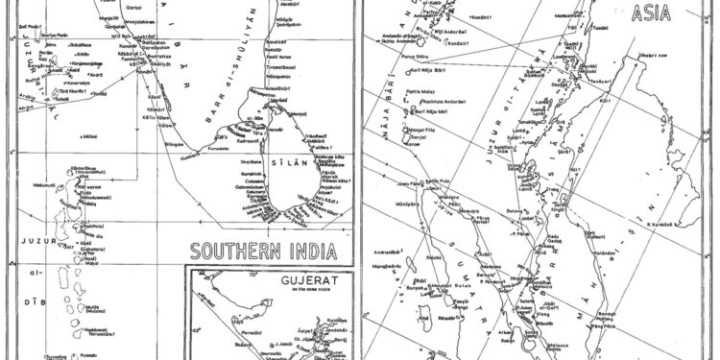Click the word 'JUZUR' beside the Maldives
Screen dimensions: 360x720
(x=21, y=229)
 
